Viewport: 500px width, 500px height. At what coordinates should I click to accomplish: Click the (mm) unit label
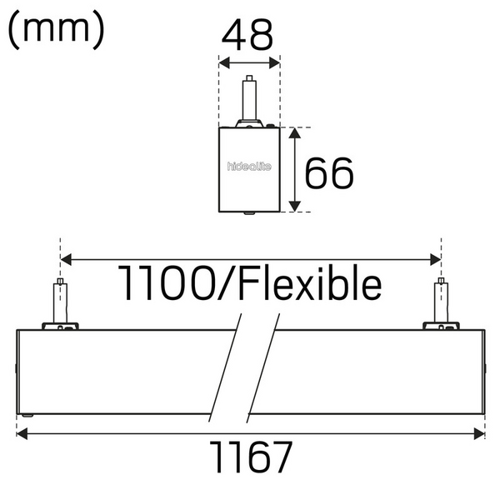coord(57,31)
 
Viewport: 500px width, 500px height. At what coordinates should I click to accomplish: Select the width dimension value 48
coord(249,36)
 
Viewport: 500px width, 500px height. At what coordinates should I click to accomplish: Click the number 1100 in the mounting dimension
coord(172,284)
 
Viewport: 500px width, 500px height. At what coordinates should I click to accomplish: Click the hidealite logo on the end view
coord(249,166)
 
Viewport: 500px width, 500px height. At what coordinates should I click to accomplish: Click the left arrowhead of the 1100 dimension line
coord(66,260)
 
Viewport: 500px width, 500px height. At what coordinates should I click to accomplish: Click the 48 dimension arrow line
coord(249,62)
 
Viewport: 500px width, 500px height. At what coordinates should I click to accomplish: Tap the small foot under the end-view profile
coord(249,212)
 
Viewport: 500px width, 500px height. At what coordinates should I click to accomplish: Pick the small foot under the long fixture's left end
coord(28,416)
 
